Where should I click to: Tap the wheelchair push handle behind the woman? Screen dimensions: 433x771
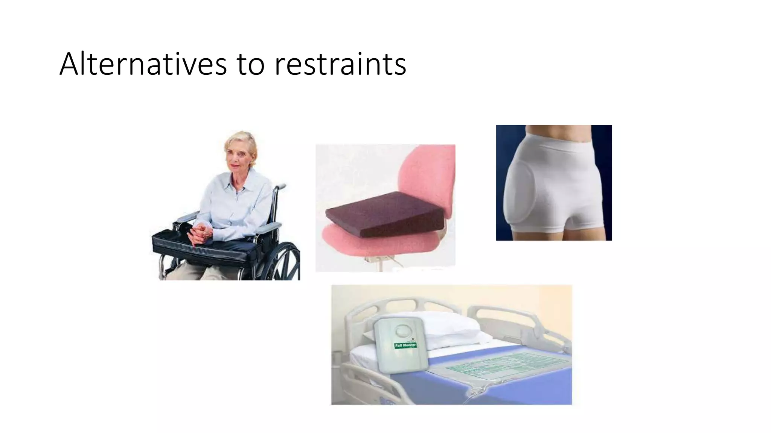pyautogui.click(x=280, y=186)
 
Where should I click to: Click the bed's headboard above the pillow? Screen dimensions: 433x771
pyautogui.click(x=414, y=304)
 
